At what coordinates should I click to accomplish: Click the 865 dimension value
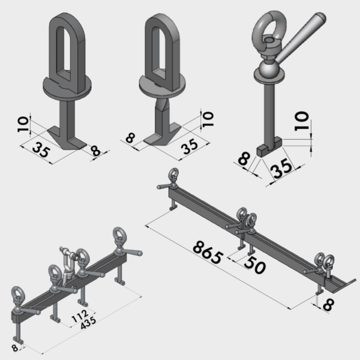pos(208,252)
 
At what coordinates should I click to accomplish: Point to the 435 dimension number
pos(88,323)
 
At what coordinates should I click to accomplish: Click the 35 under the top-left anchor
pos(41,149)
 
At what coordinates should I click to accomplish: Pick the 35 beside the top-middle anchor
pos(190,146)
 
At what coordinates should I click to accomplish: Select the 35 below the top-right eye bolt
pos(281,168)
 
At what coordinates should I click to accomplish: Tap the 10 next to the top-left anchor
pos(23,124)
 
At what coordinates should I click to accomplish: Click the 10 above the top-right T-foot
pos(301,121)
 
